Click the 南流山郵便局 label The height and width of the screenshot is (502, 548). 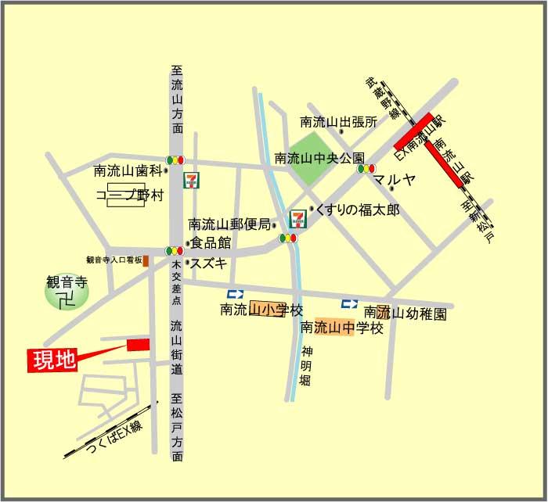pos(230,223)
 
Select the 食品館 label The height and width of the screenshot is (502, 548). pos(211,243)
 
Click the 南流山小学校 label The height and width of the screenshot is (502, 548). pos(261,311)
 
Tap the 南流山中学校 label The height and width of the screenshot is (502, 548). pos(342,328)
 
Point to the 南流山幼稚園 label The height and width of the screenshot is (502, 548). pos(405,314)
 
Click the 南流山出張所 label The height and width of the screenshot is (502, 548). pos(339,122)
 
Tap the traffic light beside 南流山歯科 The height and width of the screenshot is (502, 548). pos(175,160)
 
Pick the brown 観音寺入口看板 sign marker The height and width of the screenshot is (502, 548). pos(146,260)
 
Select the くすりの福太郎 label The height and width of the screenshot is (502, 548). pos(359,210)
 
